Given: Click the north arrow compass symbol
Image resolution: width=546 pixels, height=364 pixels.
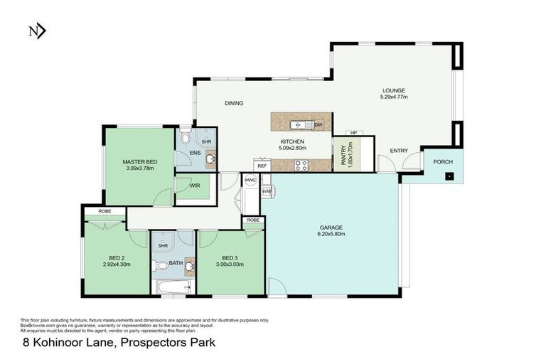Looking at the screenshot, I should point(36,31).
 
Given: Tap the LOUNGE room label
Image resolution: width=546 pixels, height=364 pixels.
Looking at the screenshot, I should point(393,90).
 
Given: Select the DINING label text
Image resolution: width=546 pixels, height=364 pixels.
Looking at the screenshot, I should point(234,104).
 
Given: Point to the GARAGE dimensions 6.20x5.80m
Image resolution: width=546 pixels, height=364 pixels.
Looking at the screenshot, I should point(331,235).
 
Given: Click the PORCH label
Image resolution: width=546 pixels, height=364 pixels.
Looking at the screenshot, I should point(443,161).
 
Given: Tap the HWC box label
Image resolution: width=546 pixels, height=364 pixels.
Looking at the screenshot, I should point(250,181).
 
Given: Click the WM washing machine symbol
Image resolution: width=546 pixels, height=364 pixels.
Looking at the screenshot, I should point(267,192).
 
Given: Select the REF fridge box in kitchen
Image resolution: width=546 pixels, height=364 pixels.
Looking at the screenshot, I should point(262,166).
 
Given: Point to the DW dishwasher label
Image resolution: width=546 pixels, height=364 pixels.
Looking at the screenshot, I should point(318,125).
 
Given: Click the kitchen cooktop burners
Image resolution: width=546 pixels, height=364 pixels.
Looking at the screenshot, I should point(301,166).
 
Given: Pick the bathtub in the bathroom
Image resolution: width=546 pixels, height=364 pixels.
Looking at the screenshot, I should point(173,288).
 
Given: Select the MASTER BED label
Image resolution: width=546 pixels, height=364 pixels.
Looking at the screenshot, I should point(139,161).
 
